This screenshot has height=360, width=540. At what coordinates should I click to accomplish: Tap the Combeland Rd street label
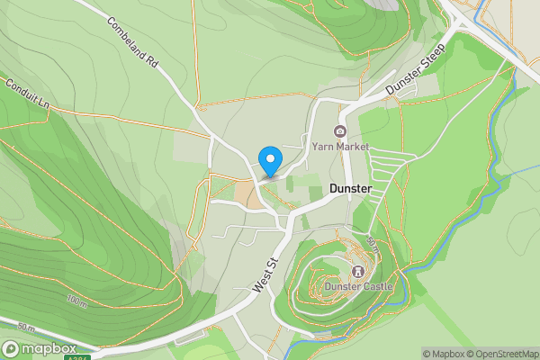132,43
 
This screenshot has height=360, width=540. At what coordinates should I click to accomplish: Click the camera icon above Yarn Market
341,131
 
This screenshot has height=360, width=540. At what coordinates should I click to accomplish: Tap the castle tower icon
358,270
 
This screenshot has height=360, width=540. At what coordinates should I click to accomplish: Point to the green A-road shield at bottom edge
77,357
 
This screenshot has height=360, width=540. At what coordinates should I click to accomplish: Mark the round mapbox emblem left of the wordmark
12,348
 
